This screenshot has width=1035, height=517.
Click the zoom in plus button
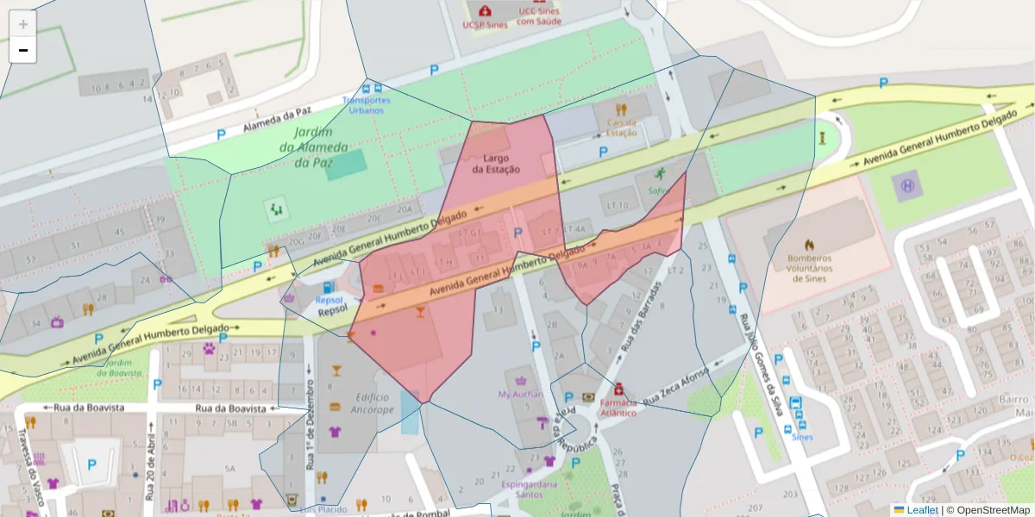(x=23, y=24)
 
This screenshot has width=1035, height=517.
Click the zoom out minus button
(x=23, y=50)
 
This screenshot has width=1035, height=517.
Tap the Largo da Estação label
(x=496, y=164)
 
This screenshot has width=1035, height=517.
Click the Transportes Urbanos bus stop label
(x=366, y=105)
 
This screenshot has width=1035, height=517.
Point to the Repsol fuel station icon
(x=328, y=288)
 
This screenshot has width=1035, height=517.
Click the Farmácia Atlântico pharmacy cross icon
(x=618, y=389)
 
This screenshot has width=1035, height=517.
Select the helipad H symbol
(x=906, y=185)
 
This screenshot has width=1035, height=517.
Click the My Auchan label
(x=520, y=394)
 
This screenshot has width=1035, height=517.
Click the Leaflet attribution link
(x=921, y=510)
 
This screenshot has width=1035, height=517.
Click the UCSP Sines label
(x=485, y=25)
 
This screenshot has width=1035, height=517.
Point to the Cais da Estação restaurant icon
(x=620, y=109)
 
